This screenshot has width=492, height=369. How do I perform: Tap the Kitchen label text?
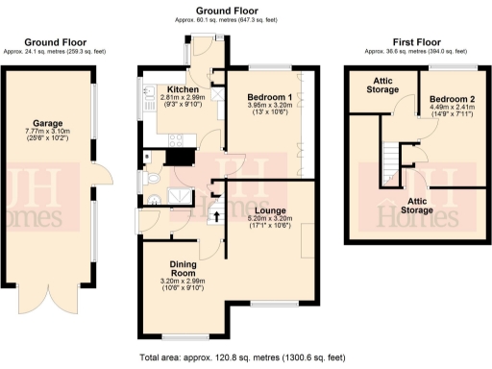(184, 87)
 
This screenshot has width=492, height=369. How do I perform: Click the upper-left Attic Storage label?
(382, 85)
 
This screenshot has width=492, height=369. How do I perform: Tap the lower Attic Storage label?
(417, 205)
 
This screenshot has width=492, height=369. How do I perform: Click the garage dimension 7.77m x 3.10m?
(48, 140)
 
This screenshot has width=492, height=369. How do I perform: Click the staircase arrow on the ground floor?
(214, 215)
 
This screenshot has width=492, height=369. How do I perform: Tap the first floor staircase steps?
(391, 153)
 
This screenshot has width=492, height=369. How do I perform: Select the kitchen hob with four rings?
(177, 138)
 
